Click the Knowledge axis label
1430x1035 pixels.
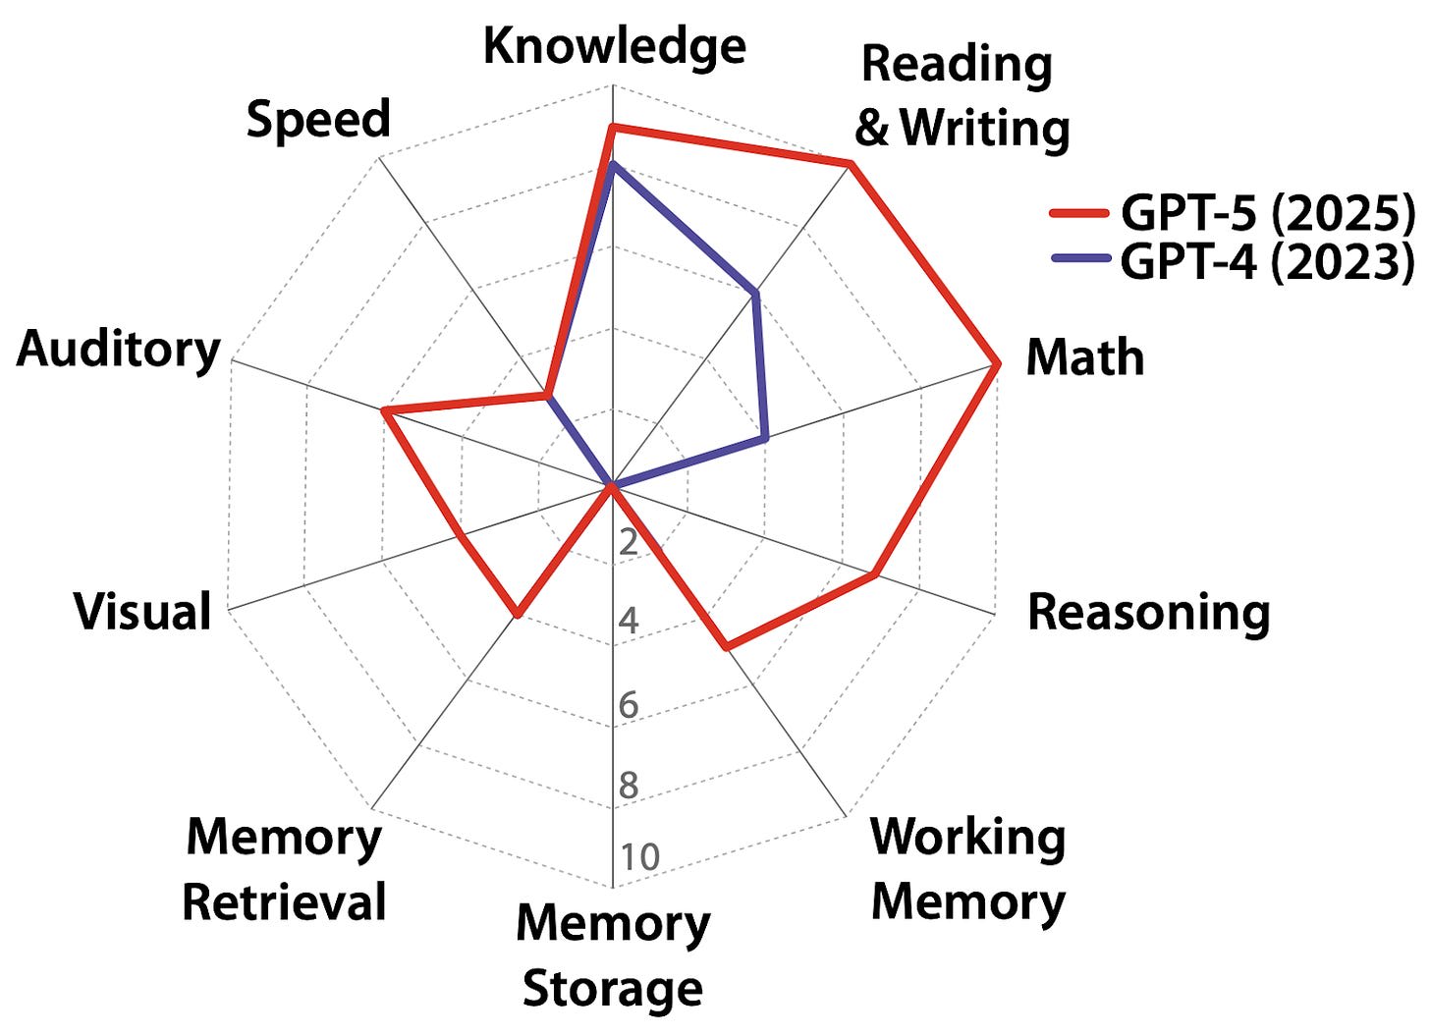[x=614, y=46]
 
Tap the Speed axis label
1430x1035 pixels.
[x=318, y=119]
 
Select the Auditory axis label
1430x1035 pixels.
[x=118, y=349]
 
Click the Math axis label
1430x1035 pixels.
[x=1085, y=356]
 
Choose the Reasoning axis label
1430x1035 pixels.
[x=1148, y=612]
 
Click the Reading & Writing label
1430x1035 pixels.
[x=962, y=96]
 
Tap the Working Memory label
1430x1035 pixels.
[x=967, y=869]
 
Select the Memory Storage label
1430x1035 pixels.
[x=613, y=955]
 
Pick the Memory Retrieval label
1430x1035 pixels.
[x=284, y=869]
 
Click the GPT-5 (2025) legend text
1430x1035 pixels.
[x=1268, y=212]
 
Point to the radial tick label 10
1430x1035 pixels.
[x=639, y=857]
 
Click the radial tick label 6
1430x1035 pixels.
[x=629, y=705]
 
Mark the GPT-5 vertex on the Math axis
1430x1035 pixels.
[x=997, y=363]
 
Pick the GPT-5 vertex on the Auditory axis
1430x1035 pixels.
[x=384, y=411]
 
